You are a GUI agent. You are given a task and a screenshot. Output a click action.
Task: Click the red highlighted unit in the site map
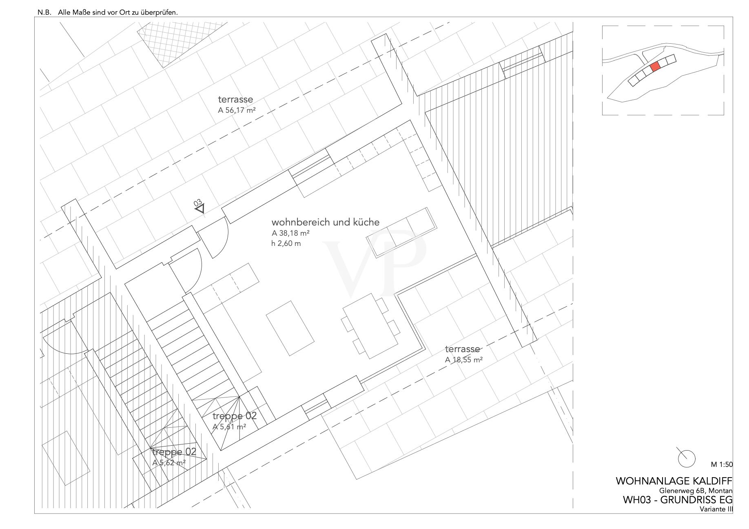(655, 67)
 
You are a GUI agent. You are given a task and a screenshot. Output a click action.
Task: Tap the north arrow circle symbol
(687, 458)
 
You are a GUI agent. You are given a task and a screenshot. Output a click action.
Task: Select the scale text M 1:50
(722, 464)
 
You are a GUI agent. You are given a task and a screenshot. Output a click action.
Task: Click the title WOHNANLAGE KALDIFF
(674, 481)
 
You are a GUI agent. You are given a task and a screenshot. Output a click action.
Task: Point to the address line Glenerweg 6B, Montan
(696, 491)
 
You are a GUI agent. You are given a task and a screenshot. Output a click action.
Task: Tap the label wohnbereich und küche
(326, 222)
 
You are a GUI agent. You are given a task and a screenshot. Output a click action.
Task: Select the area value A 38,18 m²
(290, 234)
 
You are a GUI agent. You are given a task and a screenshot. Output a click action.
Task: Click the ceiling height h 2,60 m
(286, 244)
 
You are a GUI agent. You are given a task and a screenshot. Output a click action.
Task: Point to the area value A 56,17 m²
(237, 110)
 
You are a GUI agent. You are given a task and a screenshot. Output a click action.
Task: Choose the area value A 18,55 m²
(464, 360)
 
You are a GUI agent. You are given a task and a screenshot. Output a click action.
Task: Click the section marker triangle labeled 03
(200, 208)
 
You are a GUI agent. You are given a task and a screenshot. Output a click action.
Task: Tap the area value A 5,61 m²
(229, 426)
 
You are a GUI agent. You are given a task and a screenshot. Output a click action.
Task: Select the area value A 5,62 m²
(169, 463)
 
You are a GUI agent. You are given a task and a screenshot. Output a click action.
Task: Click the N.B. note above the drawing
(108, 12)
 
